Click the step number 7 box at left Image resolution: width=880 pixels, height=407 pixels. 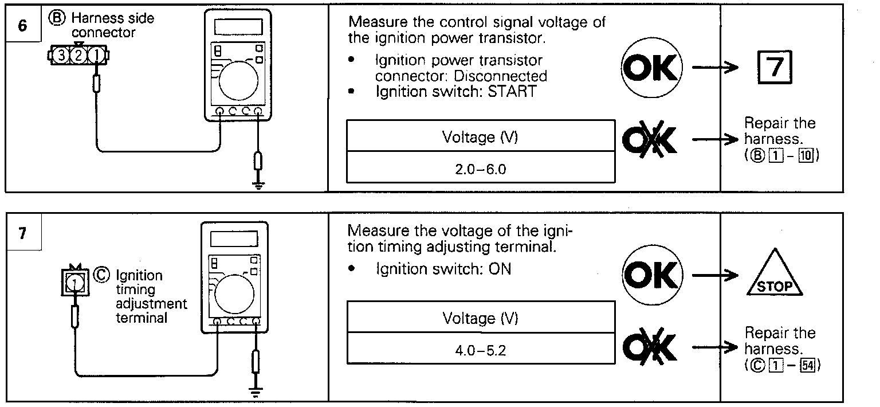coord(22,235)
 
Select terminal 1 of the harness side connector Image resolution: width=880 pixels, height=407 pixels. coord(97,56)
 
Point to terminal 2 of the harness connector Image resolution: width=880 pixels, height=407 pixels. coord(79,56)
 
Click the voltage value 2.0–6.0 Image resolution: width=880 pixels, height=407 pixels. coord(480,170)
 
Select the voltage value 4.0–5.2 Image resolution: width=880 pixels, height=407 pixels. coord(480,349)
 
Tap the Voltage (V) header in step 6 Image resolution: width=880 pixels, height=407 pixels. coord(480,138)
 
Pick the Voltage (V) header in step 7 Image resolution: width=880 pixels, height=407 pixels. coord(480,319)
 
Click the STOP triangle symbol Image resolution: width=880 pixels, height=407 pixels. coord(774,274)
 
